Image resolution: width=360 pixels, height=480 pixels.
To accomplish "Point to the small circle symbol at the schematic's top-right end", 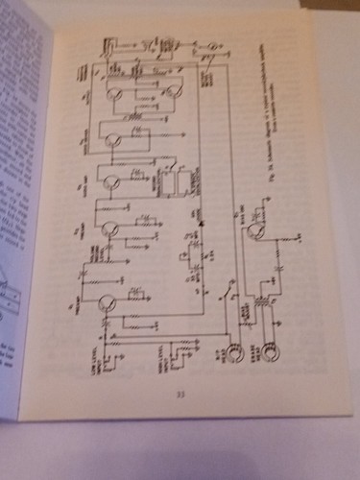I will click(213, 45).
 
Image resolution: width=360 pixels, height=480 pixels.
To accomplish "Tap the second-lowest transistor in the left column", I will click(111, 229).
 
